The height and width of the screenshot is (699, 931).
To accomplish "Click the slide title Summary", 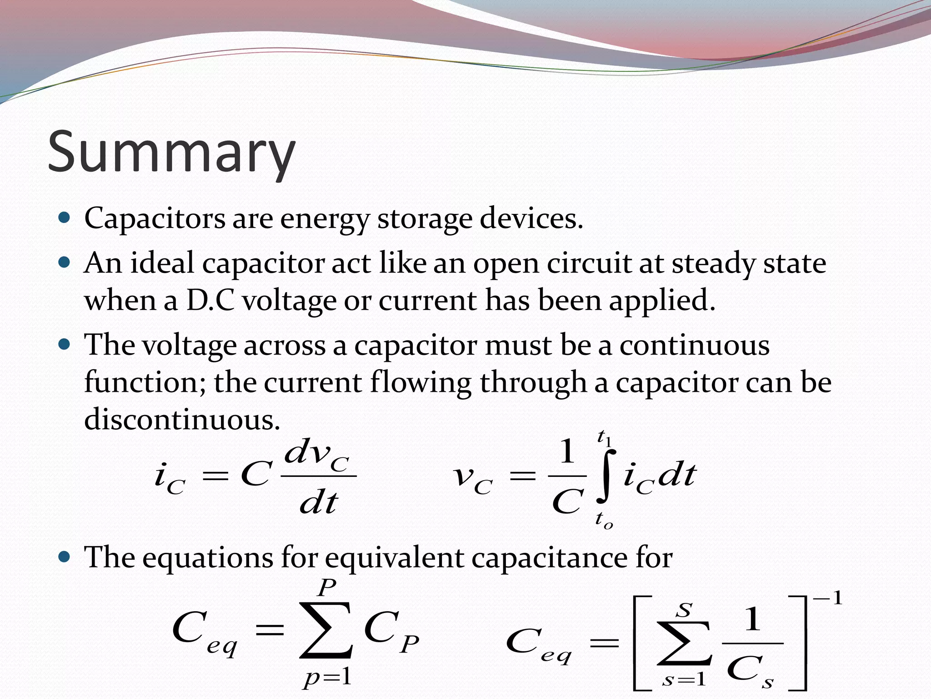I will tap(171, 152).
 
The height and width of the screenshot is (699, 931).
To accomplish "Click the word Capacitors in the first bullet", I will tap(155, 218).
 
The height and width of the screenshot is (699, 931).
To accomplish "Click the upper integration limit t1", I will tap(605, 438).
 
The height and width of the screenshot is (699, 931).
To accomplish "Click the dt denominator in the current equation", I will tap(319, 503).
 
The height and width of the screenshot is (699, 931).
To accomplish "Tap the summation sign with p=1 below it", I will tap(325, 630).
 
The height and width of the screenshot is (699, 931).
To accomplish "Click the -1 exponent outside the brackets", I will tap(828, 598).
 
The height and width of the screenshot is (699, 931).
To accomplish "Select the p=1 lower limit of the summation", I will tap(327, 677).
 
